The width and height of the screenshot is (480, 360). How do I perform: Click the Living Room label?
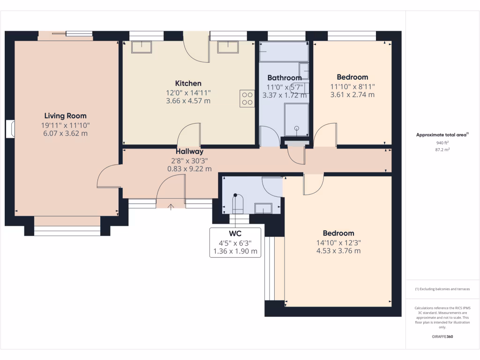65,116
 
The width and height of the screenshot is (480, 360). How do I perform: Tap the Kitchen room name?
188,83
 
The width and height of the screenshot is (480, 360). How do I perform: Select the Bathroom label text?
284,78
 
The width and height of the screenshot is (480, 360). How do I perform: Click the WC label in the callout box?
235,233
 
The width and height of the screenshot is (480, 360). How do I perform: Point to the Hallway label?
189,151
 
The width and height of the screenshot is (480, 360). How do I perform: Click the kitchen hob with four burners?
247,98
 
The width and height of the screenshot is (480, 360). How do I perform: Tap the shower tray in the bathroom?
297,120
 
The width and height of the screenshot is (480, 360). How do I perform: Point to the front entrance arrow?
170,205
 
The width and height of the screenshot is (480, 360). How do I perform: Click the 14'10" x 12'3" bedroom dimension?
338,242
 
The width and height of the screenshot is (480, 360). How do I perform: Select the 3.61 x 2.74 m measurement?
352,95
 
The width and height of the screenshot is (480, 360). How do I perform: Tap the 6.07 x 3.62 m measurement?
65,133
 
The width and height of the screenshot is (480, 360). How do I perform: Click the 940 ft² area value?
443,142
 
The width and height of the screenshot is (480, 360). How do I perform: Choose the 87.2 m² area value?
443,150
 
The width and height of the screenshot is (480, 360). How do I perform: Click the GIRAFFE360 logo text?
443,337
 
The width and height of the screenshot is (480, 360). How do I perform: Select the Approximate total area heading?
442,135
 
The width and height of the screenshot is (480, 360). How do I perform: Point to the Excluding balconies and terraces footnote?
442,289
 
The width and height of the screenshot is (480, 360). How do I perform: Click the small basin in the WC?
263,208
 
